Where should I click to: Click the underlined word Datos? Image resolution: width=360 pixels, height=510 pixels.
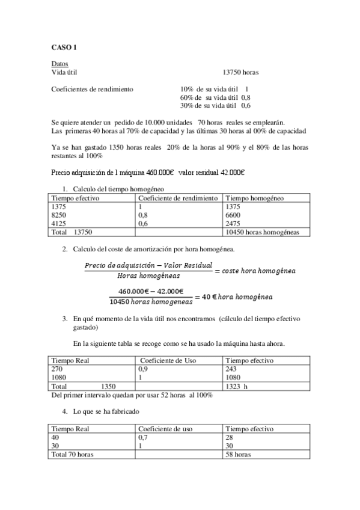[59, 64]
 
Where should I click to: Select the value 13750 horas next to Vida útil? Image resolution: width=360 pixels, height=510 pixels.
[240, 72]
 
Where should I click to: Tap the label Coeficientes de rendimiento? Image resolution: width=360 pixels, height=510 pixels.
[92, 89]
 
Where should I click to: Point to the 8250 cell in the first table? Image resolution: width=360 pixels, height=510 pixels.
[59, 214]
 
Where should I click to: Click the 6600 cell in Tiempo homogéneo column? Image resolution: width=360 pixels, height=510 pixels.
[233, 214]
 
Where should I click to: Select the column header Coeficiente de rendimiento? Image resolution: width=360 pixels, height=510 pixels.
[178, 198]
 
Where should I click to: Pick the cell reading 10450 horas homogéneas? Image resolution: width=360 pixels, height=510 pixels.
[261, 231]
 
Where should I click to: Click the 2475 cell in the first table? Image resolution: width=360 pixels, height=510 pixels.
[233, 223]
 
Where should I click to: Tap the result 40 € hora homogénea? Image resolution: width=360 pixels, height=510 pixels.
[237, 297]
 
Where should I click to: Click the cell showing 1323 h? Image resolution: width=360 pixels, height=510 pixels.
[235, 386]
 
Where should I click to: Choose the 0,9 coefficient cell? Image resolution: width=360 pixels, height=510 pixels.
[143, 369]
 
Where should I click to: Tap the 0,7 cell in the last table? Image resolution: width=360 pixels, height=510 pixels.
[143, 438]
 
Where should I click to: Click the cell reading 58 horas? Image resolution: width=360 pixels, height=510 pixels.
[238, 455]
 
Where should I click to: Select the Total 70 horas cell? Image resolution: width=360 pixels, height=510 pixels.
[73, 455]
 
